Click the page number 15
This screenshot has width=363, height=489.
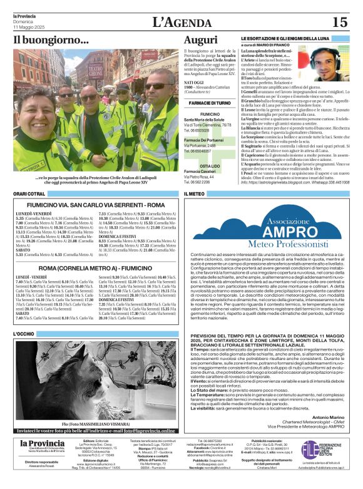pyautogui.click(x=340, y=23)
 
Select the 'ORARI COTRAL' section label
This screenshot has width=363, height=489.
pyautogui.click(x=29, y=194)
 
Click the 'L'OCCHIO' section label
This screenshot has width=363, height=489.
pyautogui.click(x=24, y=334)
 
